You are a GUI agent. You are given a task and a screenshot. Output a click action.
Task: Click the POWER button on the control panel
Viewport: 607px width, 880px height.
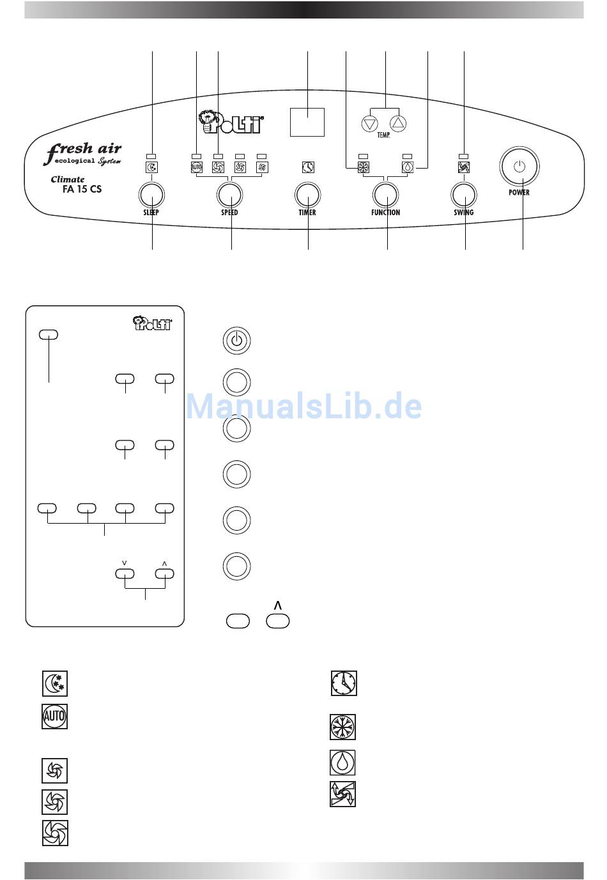pyautogui.click(x=519, y=166)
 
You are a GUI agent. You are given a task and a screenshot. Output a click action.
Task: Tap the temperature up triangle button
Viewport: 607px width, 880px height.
pyautogui.click(x=398, y=124)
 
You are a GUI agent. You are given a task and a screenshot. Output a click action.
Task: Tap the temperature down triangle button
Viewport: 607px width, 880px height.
pyautogui.click(x=370, y=124)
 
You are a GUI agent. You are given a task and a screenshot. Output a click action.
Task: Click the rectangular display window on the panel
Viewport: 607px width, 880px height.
pyautogui.click(x=307, y=122)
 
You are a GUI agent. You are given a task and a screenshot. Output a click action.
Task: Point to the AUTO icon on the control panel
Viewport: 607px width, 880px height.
pyautogui.click(x=197, y=167)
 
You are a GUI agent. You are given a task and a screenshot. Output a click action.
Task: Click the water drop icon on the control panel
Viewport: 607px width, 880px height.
pyautogui.click(x=408, y=167)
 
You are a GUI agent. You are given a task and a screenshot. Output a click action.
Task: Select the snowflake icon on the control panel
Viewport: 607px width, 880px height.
pyautogui.click(x=364, y=167)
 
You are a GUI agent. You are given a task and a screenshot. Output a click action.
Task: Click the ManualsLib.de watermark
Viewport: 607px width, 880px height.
pyautogui.click(x=304, y=406)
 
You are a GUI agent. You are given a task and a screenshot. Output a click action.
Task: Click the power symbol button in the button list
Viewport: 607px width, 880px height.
pyautogui.click(x=236, y=340)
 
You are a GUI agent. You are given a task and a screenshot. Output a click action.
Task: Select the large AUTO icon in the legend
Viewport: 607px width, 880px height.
pyautogui.click(x=54, y=716)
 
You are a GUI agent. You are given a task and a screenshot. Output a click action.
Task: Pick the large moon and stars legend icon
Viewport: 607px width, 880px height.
pyautogui.click(x=55, y=683)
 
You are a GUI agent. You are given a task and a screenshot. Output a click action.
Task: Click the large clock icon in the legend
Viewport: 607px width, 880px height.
pyautogui.click(x=344, y=683)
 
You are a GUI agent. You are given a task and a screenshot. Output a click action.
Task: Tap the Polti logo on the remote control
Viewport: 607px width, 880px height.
pyautogui.click(x=152, y=322)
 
